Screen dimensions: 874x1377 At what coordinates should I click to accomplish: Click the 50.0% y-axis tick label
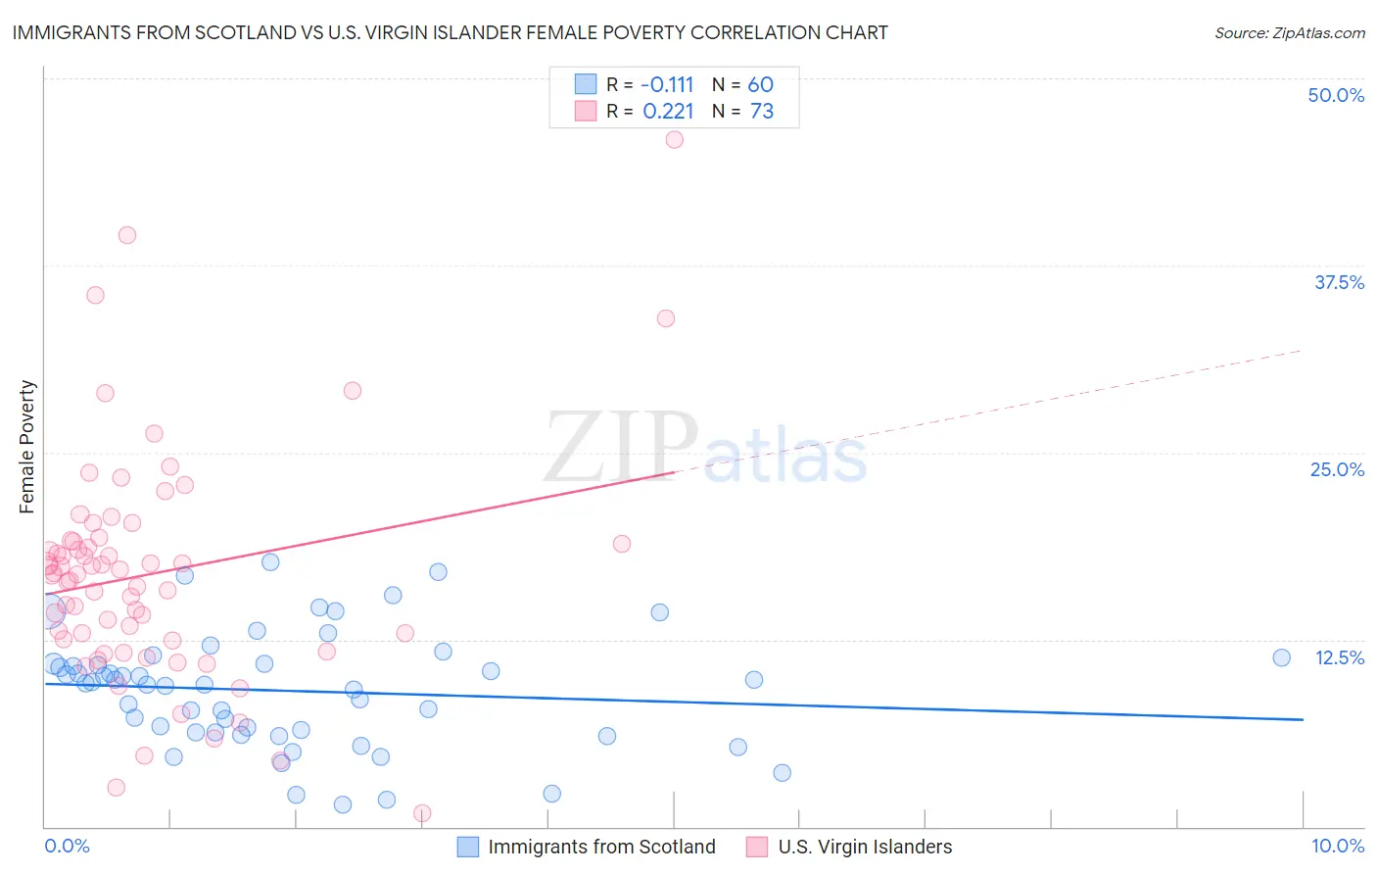(1336, 95)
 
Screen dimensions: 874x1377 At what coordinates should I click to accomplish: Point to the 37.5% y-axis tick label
(1339, 282)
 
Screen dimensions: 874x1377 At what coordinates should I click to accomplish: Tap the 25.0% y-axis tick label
(1337, 469)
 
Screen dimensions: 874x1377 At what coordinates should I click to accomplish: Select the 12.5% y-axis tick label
(1339, 657)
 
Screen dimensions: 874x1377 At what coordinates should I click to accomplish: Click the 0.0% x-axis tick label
(67, 846)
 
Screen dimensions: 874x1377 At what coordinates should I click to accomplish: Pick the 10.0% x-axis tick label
(1338, 846)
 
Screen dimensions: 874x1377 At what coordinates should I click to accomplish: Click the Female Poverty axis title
(27, 447)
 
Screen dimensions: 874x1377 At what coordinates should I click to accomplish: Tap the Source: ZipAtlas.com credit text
(1289, 32)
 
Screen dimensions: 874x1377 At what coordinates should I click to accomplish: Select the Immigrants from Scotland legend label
(601, 847)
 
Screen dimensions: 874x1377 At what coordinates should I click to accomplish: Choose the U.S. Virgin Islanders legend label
(865, 847)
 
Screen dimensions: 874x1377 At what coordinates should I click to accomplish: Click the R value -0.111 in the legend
(668, 85)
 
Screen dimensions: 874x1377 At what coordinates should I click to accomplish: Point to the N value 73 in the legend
(762, 112)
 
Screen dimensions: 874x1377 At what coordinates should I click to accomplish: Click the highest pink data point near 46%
(674, 139)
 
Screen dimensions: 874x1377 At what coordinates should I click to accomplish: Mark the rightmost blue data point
(1281, 657)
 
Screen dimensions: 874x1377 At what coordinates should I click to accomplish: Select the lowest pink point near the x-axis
(422, 813)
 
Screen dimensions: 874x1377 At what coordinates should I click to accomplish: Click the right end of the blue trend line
(1303, 719)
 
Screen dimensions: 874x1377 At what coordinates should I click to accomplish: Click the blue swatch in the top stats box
(586, 84)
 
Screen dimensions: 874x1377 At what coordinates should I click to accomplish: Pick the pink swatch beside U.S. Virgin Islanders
(756, 847)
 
